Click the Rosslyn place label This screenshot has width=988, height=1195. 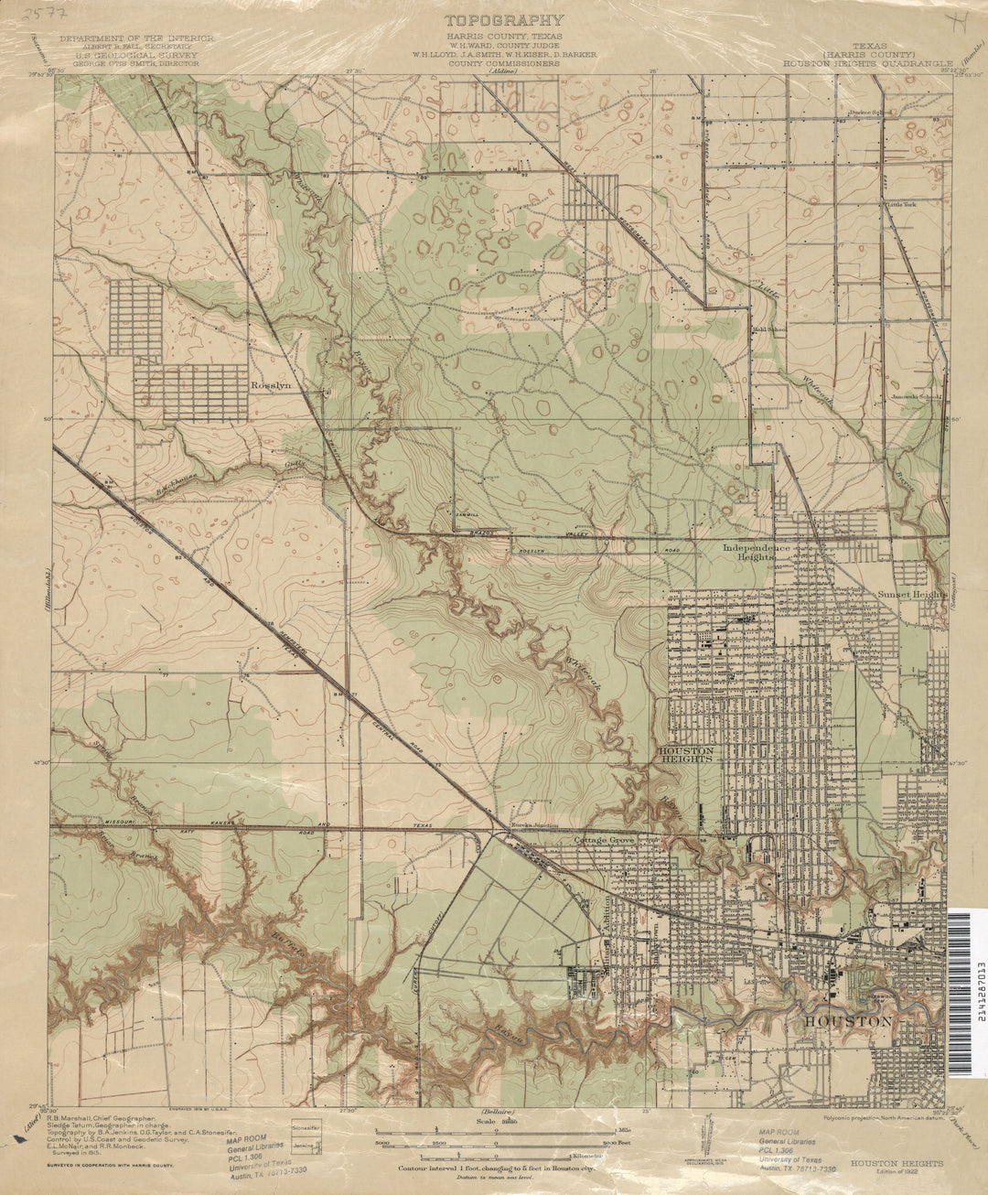[271, 387]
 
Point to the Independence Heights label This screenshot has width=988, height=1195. [762, 552]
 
